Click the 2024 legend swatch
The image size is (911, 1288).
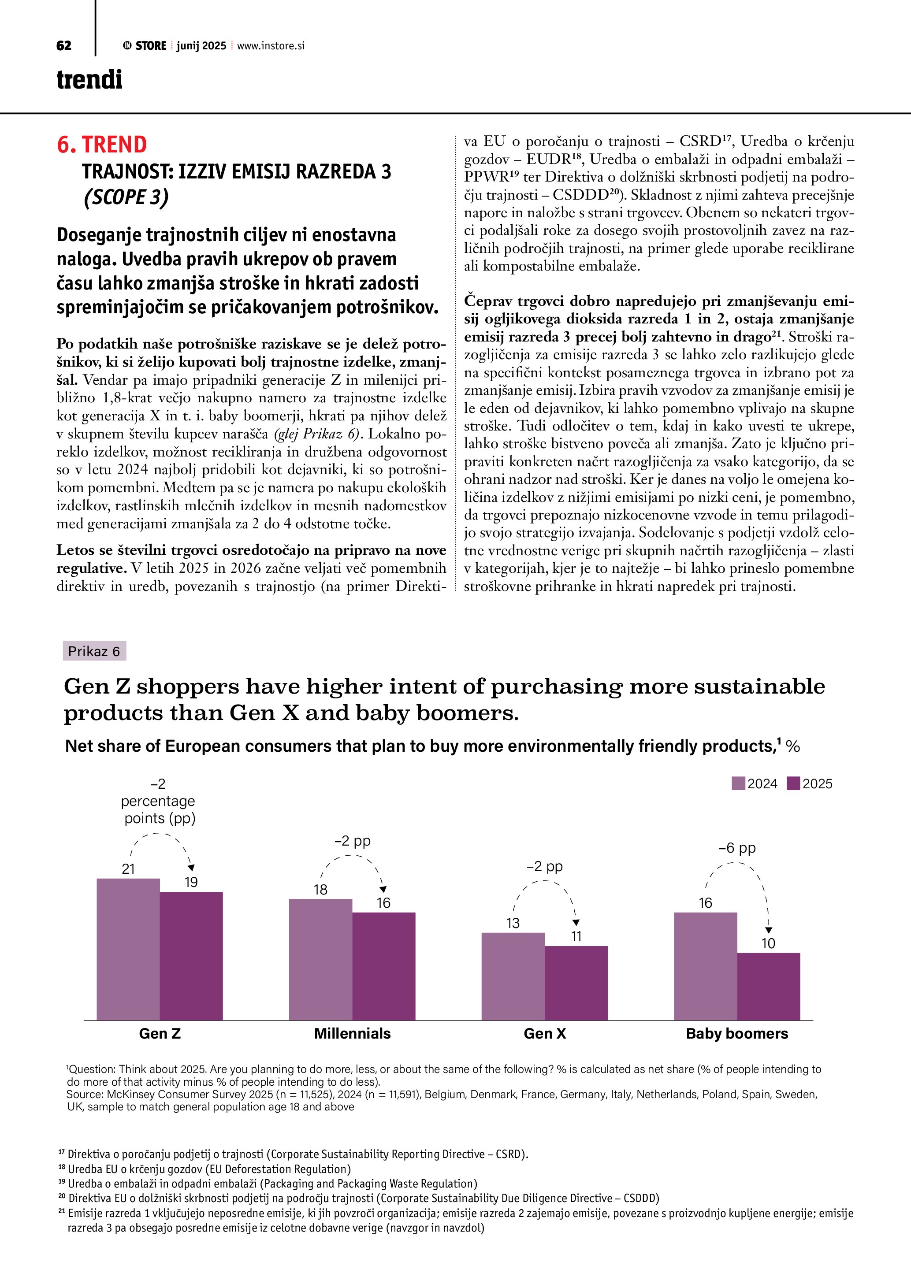pos(738,783)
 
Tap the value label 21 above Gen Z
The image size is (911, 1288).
pos(128,869)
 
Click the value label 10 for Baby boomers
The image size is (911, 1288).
pos(768,943)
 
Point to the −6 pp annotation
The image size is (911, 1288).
pos(737,848)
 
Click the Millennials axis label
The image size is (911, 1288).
pos(352,1034)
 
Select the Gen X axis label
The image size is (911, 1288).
pos(545,1034)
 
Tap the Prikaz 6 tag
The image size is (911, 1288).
pos(94,651)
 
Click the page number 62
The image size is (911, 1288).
pos(64,46)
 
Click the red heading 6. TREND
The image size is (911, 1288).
pos(102,144)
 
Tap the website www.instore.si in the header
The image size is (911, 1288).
pos(271,46)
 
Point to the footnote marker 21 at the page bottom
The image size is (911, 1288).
pos(61,1212)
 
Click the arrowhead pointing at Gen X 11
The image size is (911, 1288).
pos(576,923)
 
